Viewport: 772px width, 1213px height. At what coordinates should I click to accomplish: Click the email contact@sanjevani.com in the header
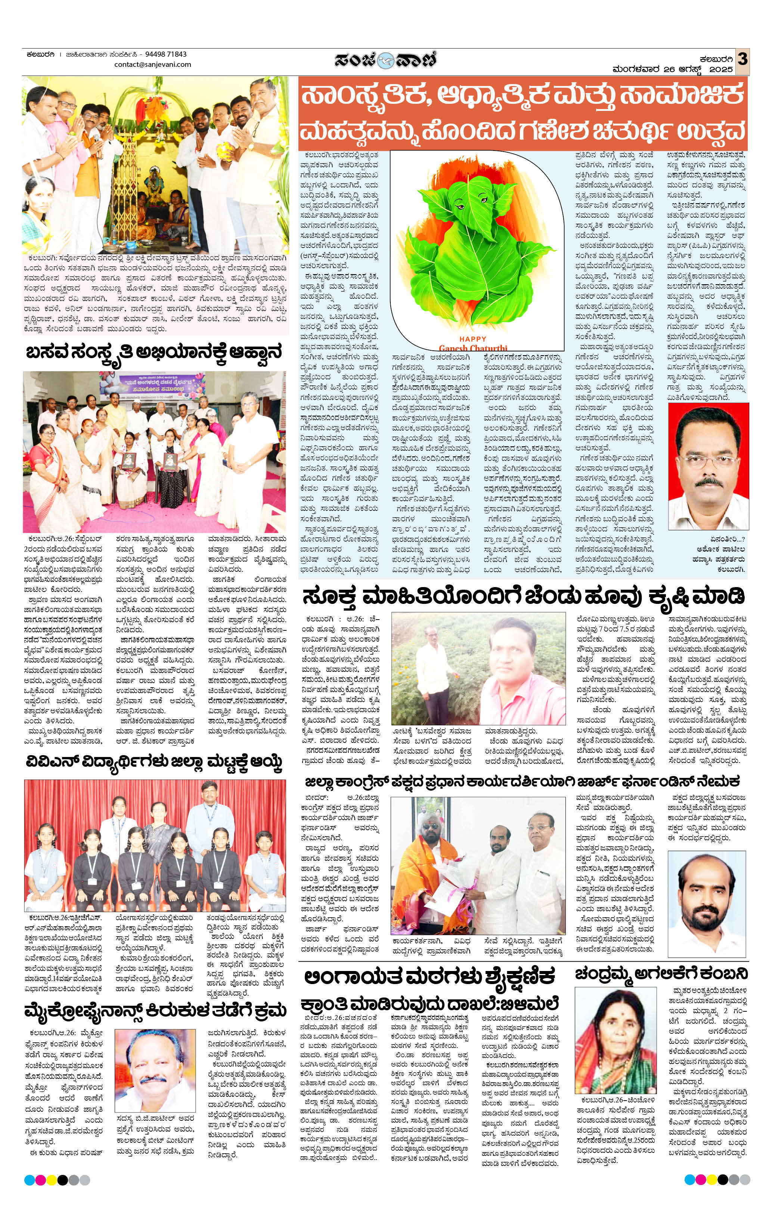pyautogui.click(x=153, y=65)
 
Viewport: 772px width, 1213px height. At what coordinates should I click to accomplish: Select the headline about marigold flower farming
pyautogui.click(x=524, y=598)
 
